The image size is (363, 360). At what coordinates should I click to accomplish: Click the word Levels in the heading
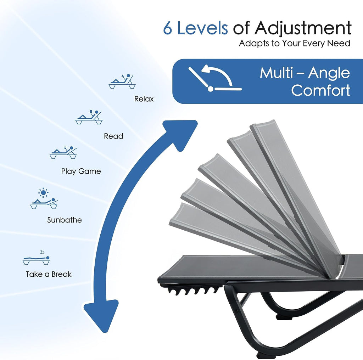(x=202, y=28)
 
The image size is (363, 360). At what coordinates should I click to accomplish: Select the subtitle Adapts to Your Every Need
(x=295, y=43)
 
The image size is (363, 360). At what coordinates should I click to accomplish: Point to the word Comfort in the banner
(x=320, y=90)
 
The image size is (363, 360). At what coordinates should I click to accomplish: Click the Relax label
(x=144, y=99)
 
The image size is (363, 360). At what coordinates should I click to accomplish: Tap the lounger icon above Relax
(x=122, y=81)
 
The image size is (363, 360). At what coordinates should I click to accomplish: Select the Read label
(x=113, y=136)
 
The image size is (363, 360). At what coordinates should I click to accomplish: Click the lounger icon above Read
(x=89, y=117)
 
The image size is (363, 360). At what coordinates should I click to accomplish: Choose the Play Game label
(x=81, y=171)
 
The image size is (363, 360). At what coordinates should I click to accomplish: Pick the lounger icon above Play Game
(x=63, y=152)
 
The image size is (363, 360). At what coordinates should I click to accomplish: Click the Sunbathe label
(x=65, y=220)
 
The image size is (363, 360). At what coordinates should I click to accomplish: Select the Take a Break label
(x=49, y=274)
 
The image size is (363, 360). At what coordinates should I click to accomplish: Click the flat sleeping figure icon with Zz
(x=36, y=258)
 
